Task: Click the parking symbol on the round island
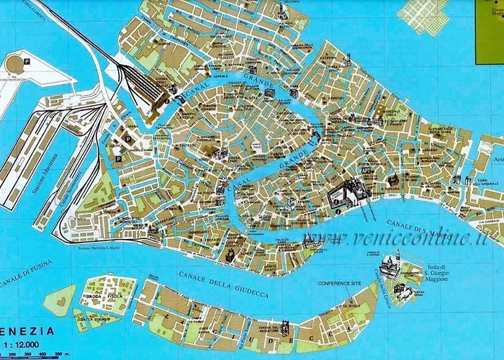[27, 60]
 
